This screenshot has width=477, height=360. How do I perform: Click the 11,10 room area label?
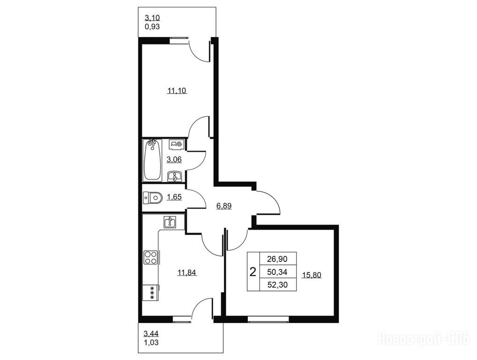177,90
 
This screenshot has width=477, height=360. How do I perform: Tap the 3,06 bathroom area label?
174,159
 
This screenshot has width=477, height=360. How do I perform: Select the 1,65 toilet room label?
174,197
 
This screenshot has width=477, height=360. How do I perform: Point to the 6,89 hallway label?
224,206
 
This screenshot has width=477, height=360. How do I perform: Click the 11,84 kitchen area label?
187,272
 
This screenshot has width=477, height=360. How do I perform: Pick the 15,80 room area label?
312,275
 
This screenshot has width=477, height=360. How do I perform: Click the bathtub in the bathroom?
152,160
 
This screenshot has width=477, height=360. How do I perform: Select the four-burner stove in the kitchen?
150,257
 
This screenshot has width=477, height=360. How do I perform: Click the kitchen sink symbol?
170,222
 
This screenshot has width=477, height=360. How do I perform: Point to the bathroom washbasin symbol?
175,176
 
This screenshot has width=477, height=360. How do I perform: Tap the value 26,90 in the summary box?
277,259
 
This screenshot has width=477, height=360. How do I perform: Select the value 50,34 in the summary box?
277,272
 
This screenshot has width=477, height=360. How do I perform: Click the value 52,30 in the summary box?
277,285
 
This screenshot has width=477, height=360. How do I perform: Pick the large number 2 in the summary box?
253,272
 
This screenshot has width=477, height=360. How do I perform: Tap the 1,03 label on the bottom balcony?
151,343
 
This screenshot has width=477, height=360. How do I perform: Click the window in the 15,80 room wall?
268,319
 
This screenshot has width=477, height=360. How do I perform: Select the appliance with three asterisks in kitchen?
150,292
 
